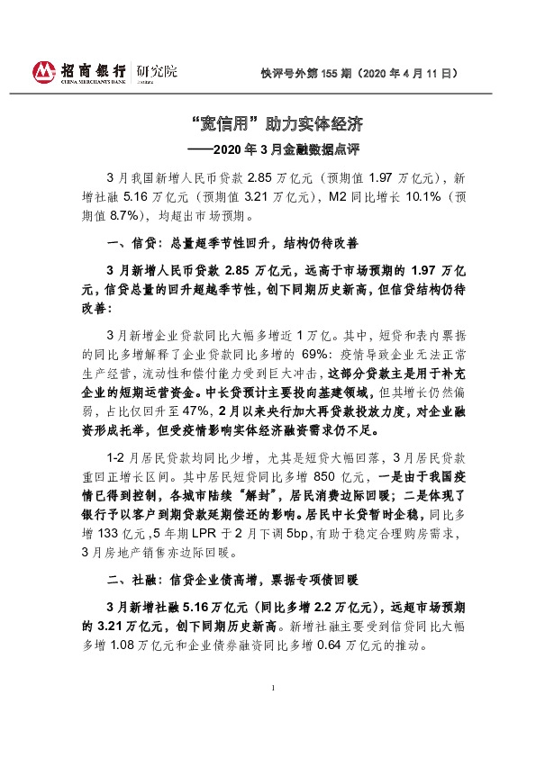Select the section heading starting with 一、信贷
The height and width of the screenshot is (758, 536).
coord(232,243)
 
